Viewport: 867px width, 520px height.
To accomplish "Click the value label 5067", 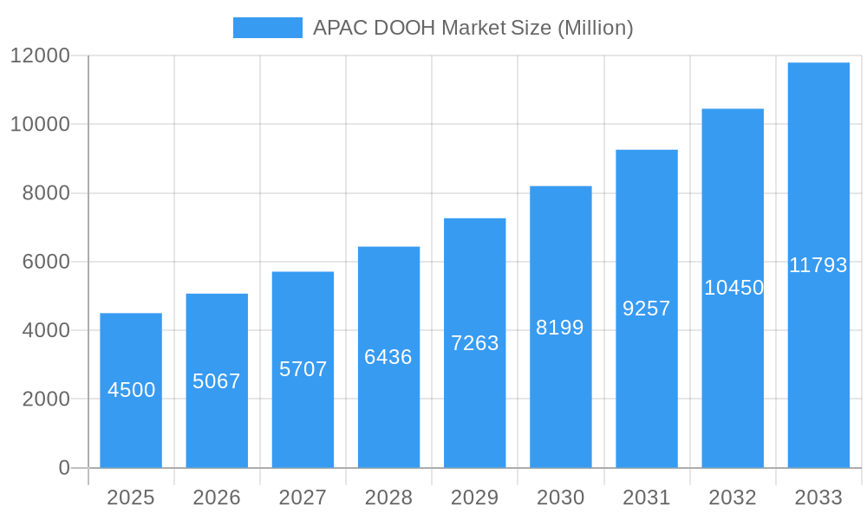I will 217,381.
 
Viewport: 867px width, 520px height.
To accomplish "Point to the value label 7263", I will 475,343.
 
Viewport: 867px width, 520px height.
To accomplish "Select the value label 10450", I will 733,288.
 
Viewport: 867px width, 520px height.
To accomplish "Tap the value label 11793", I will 818,265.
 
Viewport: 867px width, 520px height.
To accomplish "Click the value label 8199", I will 560,328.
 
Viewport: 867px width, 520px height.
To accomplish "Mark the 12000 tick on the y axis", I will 40,56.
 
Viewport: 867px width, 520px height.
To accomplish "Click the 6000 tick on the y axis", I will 47,262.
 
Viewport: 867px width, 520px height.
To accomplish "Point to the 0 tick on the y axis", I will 64,468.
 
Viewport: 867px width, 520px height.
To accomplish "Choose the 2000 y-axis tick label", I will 47,400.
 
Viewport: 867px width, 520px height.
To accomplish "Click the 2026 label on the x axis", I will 217,497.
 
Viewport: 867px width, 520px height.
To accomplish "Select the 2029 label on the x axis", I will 475,497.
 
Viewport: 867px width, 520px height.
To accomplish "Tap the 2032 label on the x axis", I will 733,497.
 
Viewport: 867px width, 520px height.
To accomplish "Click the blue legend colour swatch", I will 268,28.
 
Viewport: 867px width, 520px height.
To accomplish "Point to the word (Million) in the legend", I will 595,28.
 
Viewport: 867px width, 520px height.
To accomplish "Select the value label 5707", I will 303,369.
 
